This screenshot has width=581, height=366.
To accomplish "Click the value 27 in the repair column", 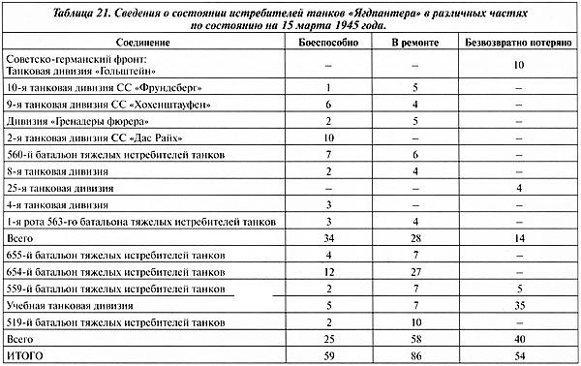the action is click(x=415, y=271).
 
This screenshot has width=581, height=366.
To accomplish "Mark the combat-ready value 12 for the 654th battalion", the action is click(x=330, y=271).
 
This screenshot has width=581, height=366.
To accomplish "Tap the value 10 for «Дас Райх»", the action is click(x=330, y=137).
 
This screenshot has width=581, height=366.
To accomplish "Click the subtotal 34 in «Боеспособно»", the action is click(x=330, y=237).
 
